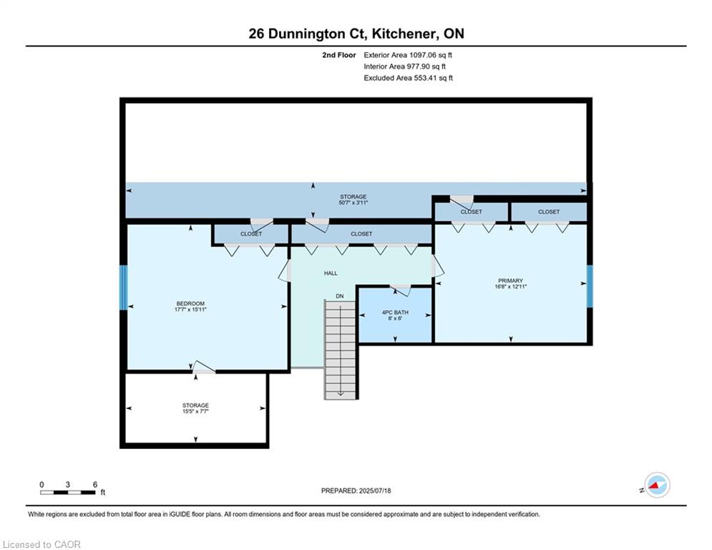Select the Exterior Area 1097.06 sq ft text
pos(408,55)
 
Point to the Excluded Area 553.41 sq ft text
pos(408,78)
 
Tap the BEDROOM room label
pos(190,303)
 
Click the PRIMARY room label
pos(510,281)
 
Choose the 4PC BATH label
pos(395,312)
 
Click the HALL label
pos(331,273)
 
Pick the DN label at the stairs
pos(340,296)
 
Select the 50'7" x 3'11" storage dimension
pos(353,203)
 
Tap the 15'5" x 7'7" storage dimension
pos(195,411)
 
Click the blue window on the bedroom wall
pos(124,288)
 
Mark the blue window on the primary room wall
pos(590,286)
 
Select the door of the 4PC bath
pos(401,289)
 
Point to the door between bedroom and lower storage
pos(203,367)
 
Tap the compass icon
pos(657,485)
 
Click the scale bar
pos(68,492)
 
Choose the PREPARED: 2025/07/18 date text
pos(356,491)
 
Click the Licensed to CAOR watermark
pos(42,544)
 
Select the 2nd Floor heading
pos(339,55)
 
